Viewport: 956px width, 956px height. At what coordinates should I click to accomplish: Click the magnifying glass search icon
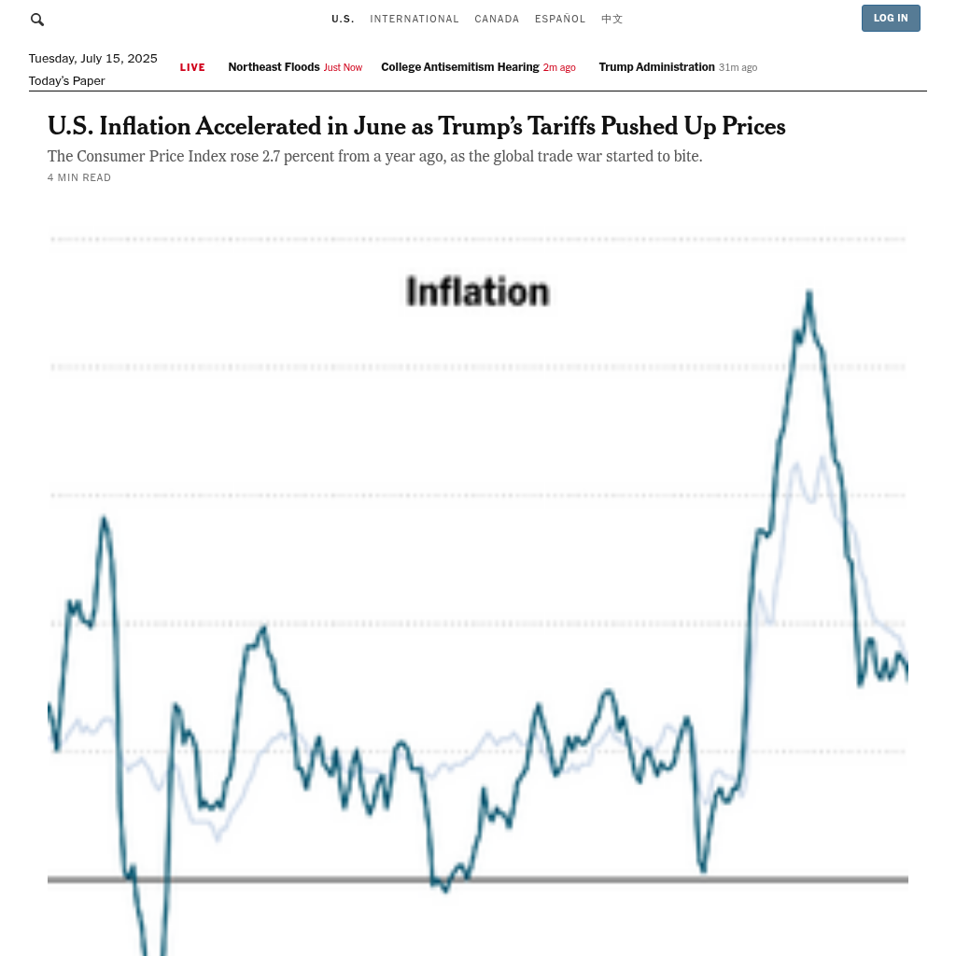pyautogui.click(x=37, y=20)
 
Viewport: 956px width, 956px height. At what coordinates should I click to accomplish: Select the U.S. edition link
pyautogui.click(x=343, y=20)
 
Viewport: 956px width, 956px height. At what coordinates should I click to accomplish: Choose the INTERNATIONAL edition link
pyautogui.click(x=415, y=20)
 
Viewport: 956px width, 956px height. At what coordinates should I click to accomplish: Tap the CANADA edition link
pyautogui.click(x=497, y=20)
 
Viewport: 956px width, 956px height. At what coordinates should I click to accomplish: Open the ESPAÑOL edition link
pyautogui.click(x=560, y=20)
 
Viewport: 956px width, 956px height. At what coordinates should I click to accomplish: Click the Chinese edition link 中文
pyautogui.click(x=612, y=20)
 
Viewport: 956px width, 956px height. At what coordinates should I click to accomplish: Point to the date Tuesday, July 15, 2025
pyautogui.click(x=92, y=59)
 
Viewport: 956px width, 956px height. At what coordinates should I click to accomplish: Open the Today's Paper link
pyautogui.click(x=66, y=81)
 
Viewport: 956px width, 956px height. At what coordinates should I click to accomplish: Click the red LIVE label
pyautogui.click(x=192, y=67)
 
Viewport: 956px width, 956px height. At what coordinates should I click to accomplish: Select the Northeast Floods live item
pyautogui.click(x=274, y=67)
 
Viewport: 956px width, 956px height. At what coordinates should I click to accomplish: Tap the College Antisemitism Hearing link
pyautogui.click(x=459, y=67)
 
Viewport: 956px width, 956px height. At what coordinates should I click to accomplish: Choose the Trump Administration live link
pyautogui.click(x=656, y=67)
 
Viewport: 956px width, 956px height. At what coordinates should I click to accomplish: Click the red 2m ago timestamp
pyautogui.click(x=559, y=68)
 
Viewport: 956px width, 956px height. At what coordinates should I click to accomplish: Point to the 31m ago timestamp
pyautogui.click(x=738, y=68)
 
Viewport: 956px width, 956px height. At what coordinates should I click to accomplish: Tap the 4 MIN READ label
pyautogui.click(x=79, y=178)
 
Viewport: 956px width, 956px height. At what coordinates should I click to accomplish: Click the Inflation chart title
pyautogui.click(x=477, y=292)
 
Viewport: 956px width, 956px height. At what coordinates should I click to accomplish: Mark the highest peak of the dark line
pyautogui.click(x=808, y=294)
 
